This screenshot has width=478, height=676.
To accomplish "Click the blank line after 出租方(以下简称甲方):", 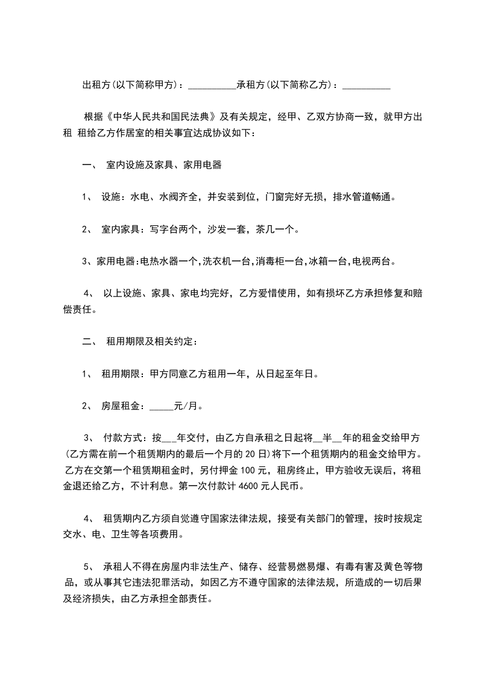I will coord(212,86).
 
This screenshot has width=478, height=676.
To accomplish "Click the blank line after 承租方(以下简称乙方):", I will coord(366,86).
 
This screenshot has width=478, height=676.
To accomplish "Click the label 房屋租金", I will coord(121,406).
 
